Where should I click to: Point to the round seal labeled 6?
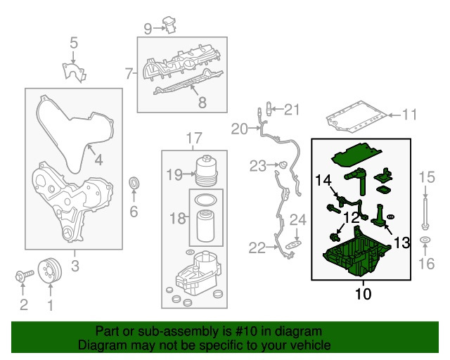(134, 184)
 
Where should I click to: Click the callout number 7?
(129, 73)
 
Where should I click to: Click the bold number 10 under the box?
(362, 293)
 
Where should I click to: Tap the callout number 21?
(291, 109)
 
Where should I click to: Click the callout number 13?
(401, 243)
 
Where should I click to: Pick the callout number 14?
(323, 181)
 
